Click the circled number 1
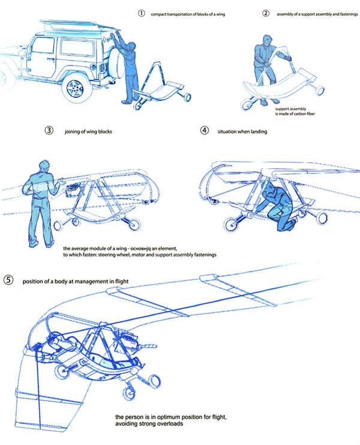coord(141,13)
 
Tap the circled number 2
coord(266,13)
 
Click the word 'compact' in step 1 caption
coord(163,13)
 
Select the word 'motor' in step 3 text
coord(170,255)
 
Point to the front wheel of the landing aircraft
coord(230,225)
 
